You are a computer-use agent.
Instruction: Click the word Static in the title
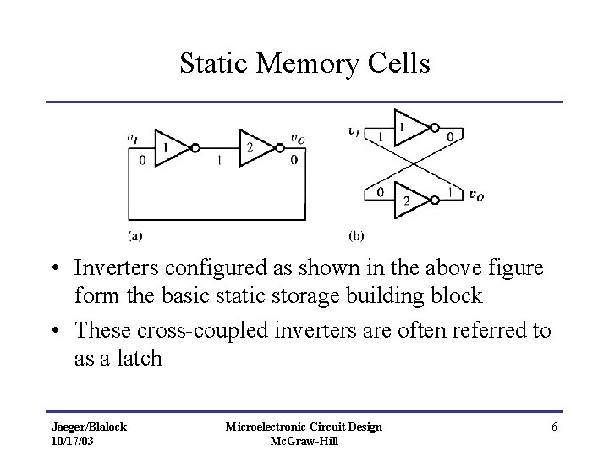tap(214, 63)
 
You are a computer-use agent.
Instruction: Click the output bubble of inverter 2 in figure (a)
tap(277, 146)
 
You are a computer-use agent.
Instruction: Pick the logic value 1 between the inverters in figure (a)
tap(221, 158)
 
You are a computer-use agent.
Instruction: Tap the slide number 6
tap(554, 427)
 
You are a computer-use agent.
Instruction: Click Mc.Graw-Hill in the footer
tap(303, 442)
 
